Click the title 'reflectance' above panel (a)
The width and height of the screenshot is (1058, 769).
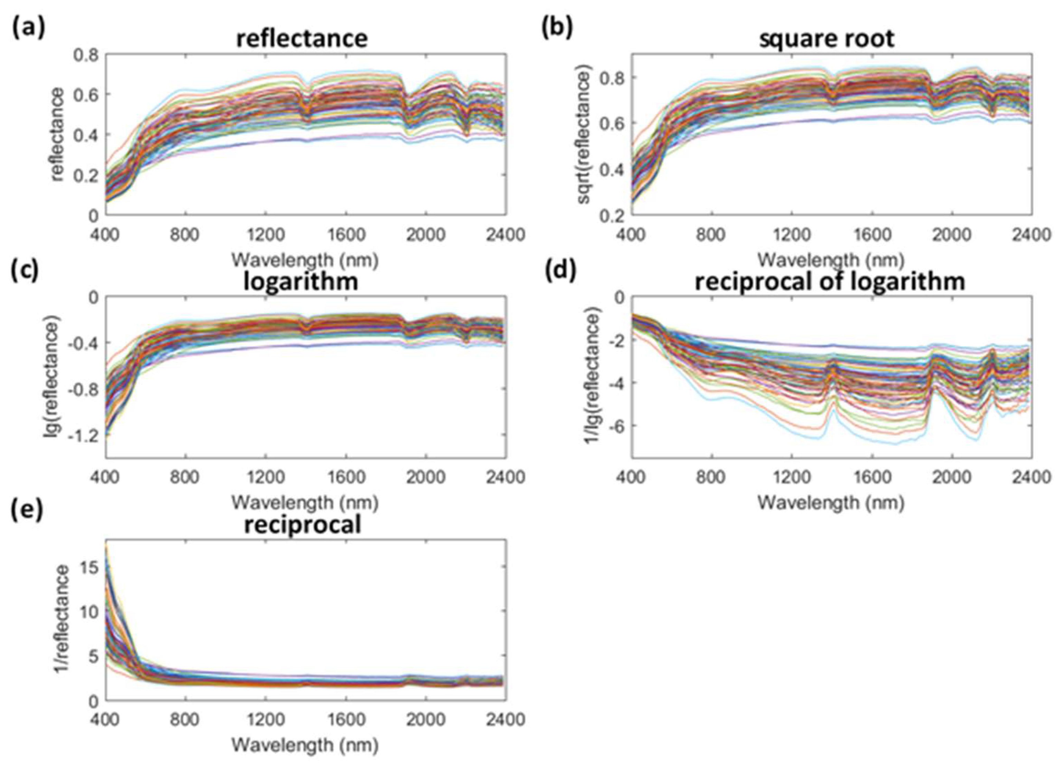click(x=302, y=39)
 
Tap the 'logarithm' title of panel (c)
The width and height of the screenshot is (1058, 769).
click(x=301, y=282)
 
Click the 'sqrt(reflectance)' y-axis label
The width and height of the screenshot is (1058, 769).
click(x=585, y=135)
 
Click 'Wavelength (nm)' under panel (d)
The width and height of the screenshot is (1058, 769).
click(x=830, y=503)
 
